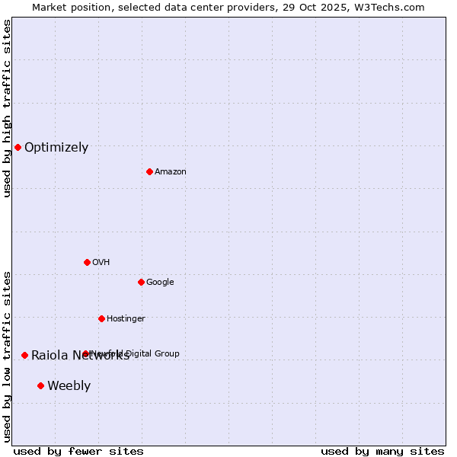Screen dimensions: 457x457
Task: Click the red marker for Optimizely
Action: [18, 147]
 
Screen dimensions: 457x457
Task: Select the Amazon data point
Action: [149, 171]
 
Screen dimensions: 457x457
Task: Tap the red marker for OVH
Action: [87, 262]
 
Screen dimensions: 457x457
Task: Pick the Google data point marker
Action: [141, 282]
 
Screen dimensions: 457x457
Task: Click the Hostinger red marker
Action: [101, 318]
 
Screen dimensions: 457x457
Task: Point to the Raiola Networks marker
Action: [24, 355]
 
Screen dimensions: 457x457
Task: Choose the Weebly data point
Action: [40, 385]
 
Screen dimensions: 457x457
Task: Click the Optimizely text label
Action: [56, 148]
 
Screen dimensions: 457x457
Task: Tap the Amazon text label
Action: [171, 172]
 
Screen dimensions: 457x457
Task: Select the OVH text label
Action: [101, 263]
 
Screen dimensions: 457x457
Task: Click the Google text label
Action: [160, 283]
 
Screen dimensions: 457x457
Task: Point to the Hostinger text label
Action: [126, 319]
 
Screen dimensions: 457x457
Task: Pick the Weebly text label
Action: [69, 386]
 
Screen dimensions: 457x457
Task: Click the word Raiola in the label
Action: [49, 356]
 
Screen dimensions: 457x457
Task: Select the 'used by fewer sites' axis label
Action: [78, 452]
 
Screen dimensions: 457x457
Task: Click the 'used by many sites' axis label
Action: [382, 452]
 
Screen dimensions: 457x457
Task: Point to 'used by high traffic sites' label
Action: [7, 108]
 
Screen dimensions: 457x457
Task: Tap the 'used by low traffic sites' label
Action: [7, 356]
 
